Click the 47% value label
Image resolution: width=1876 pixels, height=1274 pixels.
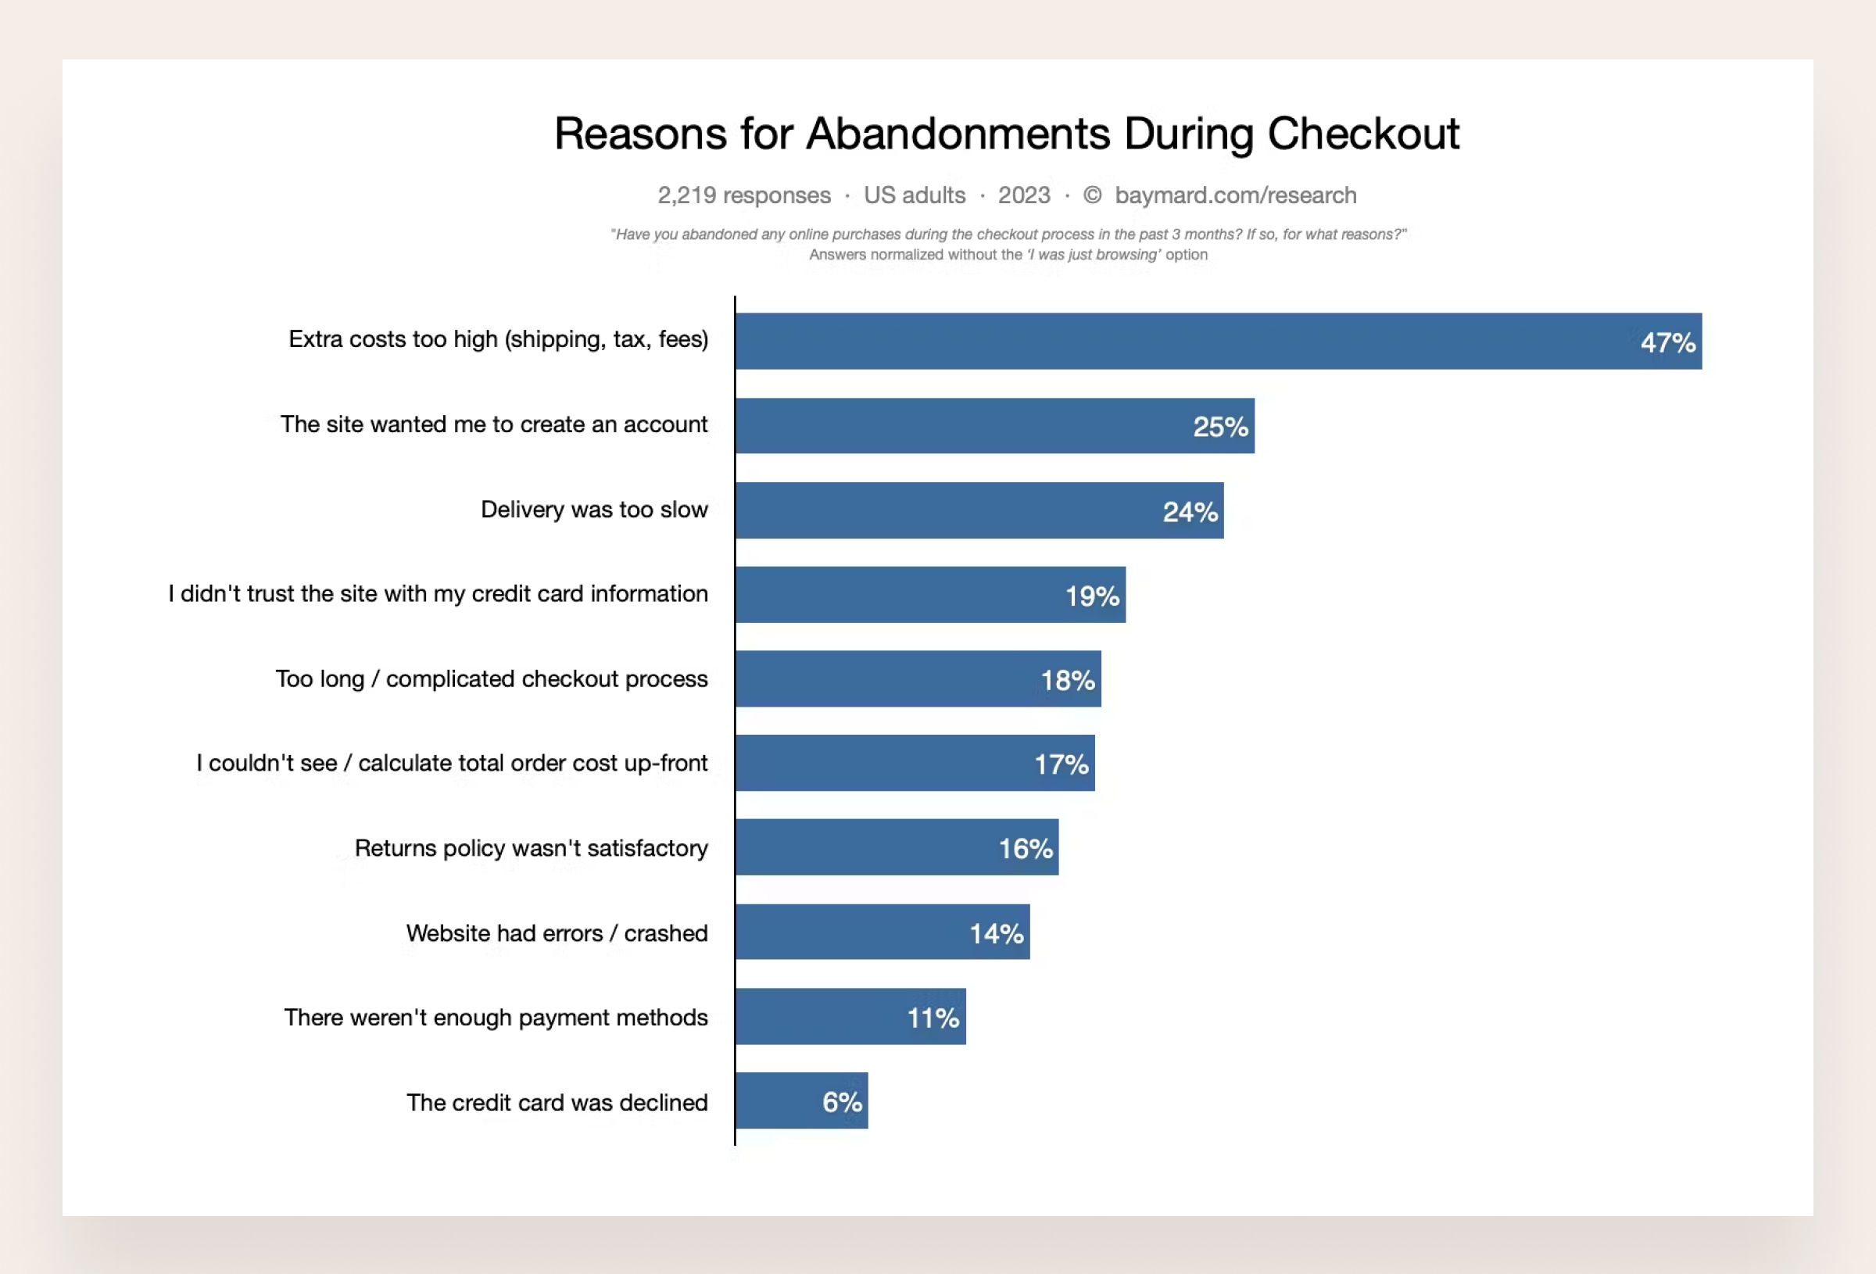click(x=1668, y=342)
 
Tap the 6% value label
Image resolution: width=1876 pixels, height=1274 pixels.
click(x=842, y=1102)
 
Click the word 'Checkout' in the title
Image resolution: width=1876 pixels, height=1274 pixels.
click(x=1362, y=133)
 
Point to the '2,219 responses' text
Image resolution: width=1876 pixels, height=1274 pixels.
click(x=743, y=195)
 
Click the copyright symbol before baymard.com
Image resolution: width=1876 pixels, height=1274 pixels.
click(x=1091, y=195)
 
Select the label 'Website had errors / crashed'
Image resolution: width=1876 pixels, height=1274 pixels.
click(x=557, y=933)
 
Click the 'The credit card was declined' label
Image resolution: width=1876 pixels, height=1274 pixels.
click(x=557, y=1102)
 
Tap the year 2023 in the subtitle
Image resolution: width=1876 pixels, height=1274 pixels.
click(x=1023, y=195)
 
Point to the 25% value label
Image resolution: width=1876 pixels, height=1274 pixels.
click(x=1220, y=426)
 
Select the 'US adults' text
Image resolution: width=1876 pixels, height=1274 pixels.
click(x=914, y=195)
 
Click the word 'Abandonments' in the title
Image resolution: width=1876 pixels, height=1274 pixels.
click(x=958, y=133)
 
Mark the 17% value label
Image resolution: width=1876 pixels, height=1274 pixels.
click(x=1062, y=764)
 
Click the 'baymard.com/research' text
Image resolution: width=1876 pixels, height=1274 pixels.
click(x=1235, y=195)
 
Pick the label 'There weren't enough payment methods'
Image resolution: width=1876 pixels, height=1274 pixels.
click(x=495, y=1018)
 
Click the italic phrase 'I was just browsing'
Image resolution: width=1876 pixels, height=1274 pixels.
click(x=1094, y=254)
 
